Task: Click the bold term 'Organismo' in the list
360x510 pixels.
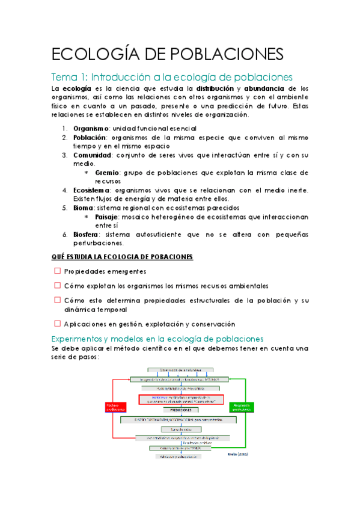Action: [91, 128]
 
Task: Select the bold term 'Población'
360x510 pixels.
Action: [90, 137]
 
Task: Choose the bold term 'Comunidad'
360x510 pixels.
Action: [93, 155]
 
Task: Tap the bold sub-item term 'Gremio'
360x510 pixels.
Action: [107, 172]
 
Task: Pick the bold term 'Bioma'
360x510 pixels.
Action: [85, 207]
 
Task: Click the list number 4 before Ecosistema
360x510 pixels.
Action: [66, 190]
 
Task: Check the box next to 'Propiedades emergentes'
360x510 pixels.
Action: [57, 271]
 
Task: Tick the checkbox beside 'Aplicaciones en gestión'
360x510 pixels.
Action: [57, 323]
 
